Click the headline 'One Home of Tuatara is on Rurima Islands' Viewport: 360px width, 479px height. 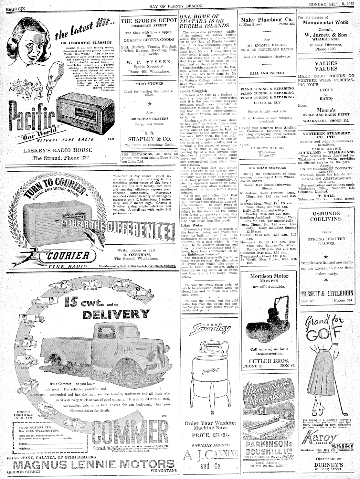pos(205,21)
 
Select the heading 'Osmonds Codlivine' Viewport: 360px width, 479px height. pos(325,216)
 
